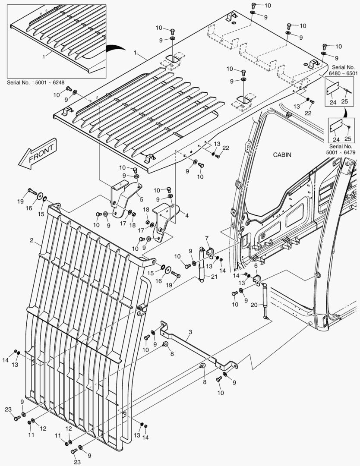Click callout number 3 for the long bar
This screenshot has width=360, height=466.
tap(190, 332)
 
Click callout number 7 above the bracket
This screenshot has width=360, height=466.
tap(207, 238)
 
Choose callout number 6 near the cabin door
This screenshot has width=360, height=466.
tap(256, 266)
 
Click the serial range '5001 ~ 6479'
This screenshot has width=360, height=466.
tap(343, 152)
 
